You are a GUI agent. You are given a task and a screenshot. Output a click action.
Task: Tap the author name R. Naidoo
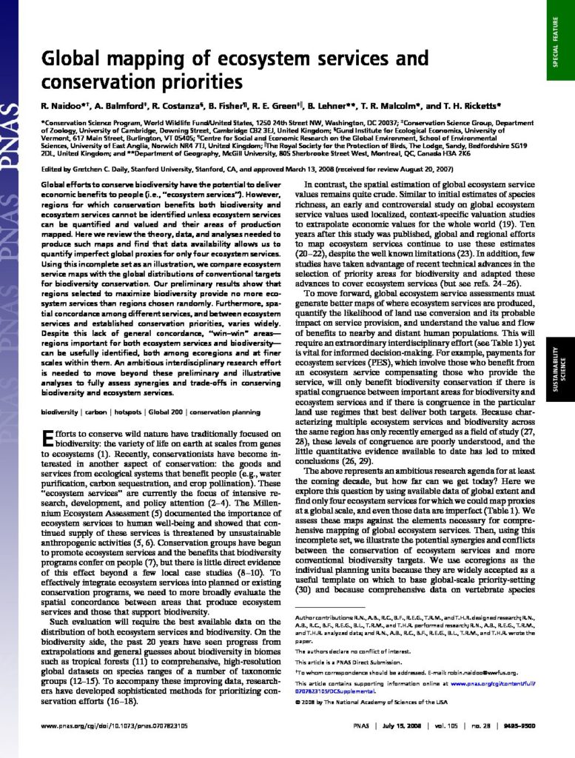pyautogui.click(x=60, y=106)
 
